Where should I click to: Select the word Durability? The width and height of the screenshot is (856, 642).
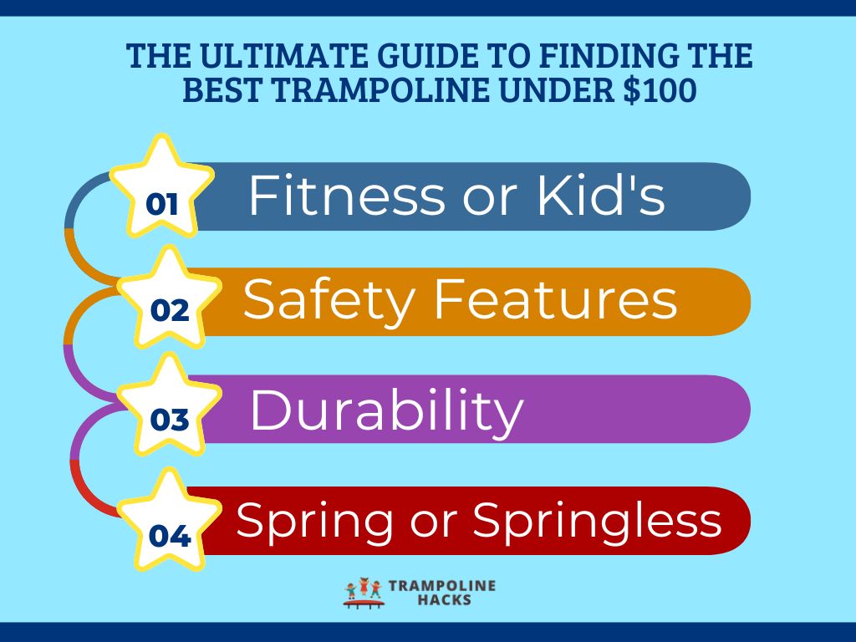coord(386,411)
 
